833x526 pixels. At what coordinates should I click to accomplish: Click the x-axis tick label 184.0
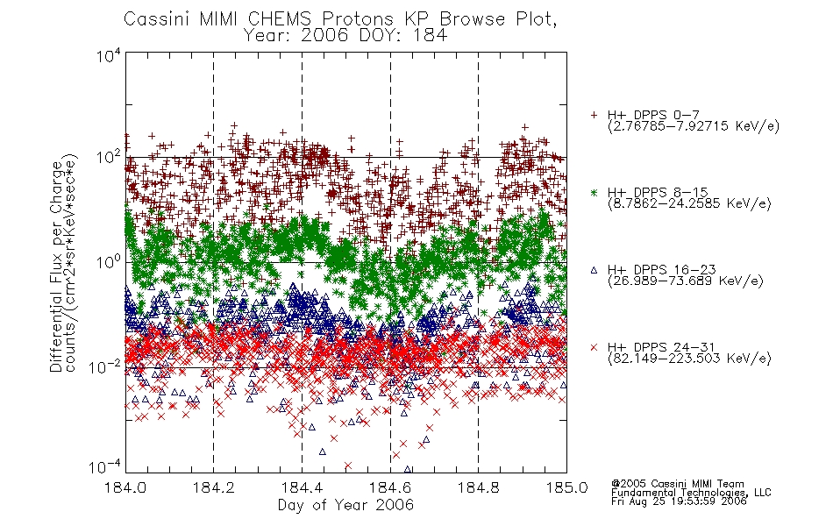(125, 487)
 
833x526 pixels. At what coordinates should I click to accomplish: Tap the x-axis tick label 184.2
(214, 487)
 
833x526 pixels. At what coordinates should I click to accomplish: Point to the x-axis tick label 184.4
(302, 487)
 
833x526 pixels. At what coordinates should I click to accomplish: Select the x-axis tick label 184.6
(390, 487)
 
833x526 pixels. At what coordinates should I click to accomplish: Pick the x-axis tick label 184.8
(478, 487)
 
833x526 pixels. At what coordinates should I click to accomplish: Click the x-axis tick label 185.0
(566, 487)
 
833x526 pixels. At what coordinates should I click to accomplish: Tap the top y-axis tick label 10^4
(109, 55)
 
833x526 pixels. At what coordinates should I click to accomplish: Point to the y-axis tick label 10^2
(109, 158)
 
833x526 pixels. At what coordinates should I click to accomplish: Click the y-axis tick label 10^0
(109, 262)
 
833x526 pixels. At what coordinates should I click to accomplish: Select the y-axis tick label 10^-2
(105, 366)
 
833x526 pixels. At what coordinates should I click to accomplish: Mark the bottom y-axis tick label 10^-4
(105, 467)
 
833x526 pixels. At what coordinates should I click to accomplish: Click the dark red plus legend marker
(594, 115)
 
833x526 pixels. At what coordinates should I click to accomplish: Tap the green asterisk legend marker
(594, 192)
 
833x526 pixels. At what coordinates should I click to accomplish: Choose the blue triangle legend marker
(594, 270)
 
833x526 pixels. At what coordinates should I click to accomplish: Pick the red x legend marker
(594, 347)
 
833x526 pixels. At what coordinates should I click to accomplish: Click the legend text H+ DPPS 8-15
(658, 192)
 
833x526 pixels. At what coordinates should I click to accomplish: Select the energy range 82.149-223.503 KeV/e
(689, 358)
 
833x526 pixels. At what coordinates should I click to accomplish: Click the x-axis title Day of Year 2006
(345, 505)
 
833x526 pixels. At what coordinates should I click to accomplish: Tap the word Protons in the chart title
(358, 18)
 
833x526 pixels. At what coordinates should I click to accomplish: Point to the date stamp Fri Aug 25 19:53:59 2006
(679, 501)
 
